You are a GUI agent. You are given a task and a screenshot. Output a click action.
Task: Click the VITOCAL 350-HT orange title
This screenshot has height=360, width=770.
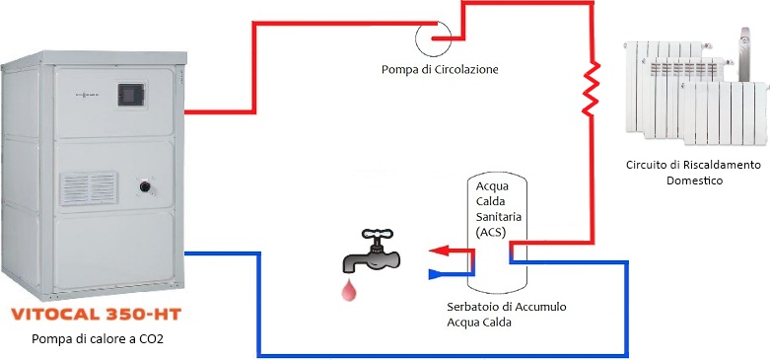coord(97,314)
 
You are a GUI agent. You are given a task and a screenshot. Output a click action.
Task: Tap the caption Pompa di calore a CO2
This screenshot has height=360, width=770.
coord(98,339)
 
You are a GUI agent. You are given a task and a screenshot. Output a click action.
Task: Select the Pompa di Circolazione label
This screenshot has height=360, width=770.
coord(440,70)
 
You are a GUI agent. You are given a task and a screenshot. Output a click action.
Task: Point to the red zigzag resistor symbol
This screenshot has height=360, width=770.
coord(591,89)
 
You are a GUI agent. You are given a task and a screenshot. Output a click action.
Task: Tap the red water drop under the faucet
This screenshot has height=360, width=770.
coord(349,289)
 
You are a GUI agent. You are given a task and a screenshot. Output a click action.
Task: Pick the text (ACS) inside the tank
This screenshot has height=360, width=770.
coord(491,233)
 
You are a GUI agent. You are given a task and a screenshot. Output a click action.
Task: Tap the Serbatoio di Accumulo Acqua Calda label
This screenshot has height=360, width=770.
coord(507,315)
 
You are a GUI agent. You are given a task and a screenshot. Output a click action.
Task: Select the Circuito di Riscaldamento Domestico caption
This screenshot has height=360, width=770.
coord(694,173)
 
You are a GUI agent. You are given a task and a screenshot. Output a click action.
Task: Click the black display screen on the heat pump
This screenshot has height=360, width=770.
coord(131,95)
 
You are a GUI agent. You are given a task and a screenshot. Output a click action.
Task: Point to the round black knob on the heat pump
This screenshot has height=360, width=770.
coord(145,186)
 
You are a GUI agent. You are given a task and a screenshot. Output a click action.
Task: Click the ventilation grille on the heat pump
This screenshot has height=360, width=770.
coord(89,188)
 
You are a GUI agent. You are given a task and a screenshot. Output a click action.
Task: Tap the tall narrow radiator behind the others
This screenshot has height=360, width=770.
coord(745,54)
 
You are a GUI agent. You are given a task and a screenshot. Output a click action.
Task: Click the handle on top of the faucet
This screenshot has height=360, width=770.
coord(377,234)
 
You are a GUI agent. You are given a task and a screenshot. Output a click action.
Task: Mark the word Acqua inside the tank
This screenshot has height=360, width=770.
coord(492,186)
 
